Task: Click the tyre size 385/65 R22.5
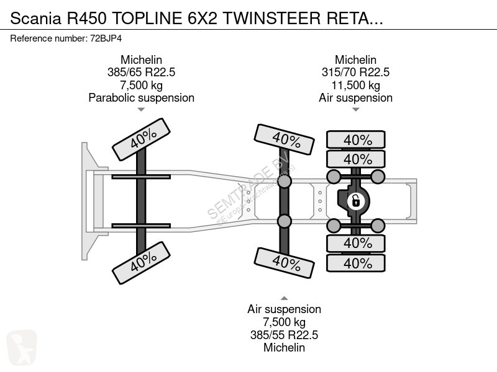click(x=141, y=73)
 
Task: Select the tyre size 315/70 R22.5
click(x=355, y=73)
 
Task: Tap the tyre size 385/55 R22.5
click(x=284, y=335)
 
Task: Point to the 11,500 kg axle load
click(x=355, y=85)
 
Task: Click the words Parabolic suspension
click(x=141, y=97)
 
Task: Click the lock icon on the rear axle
click(x=355, y=200)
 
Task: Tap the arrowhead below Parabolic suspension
click(x=141, y=110)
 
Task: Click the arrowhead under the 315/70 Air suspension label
click(x=355, y=110)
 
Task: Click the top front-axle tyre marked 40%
click(x=141, y=139)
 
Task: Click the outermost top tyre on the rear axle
click(x=357, y=139)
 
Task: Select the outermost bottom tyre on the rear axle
click(x=357, y=263)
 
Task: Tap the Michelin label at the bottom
click(x=284, y=347)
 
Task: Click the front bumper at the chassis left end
click(x=86, y=200)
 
